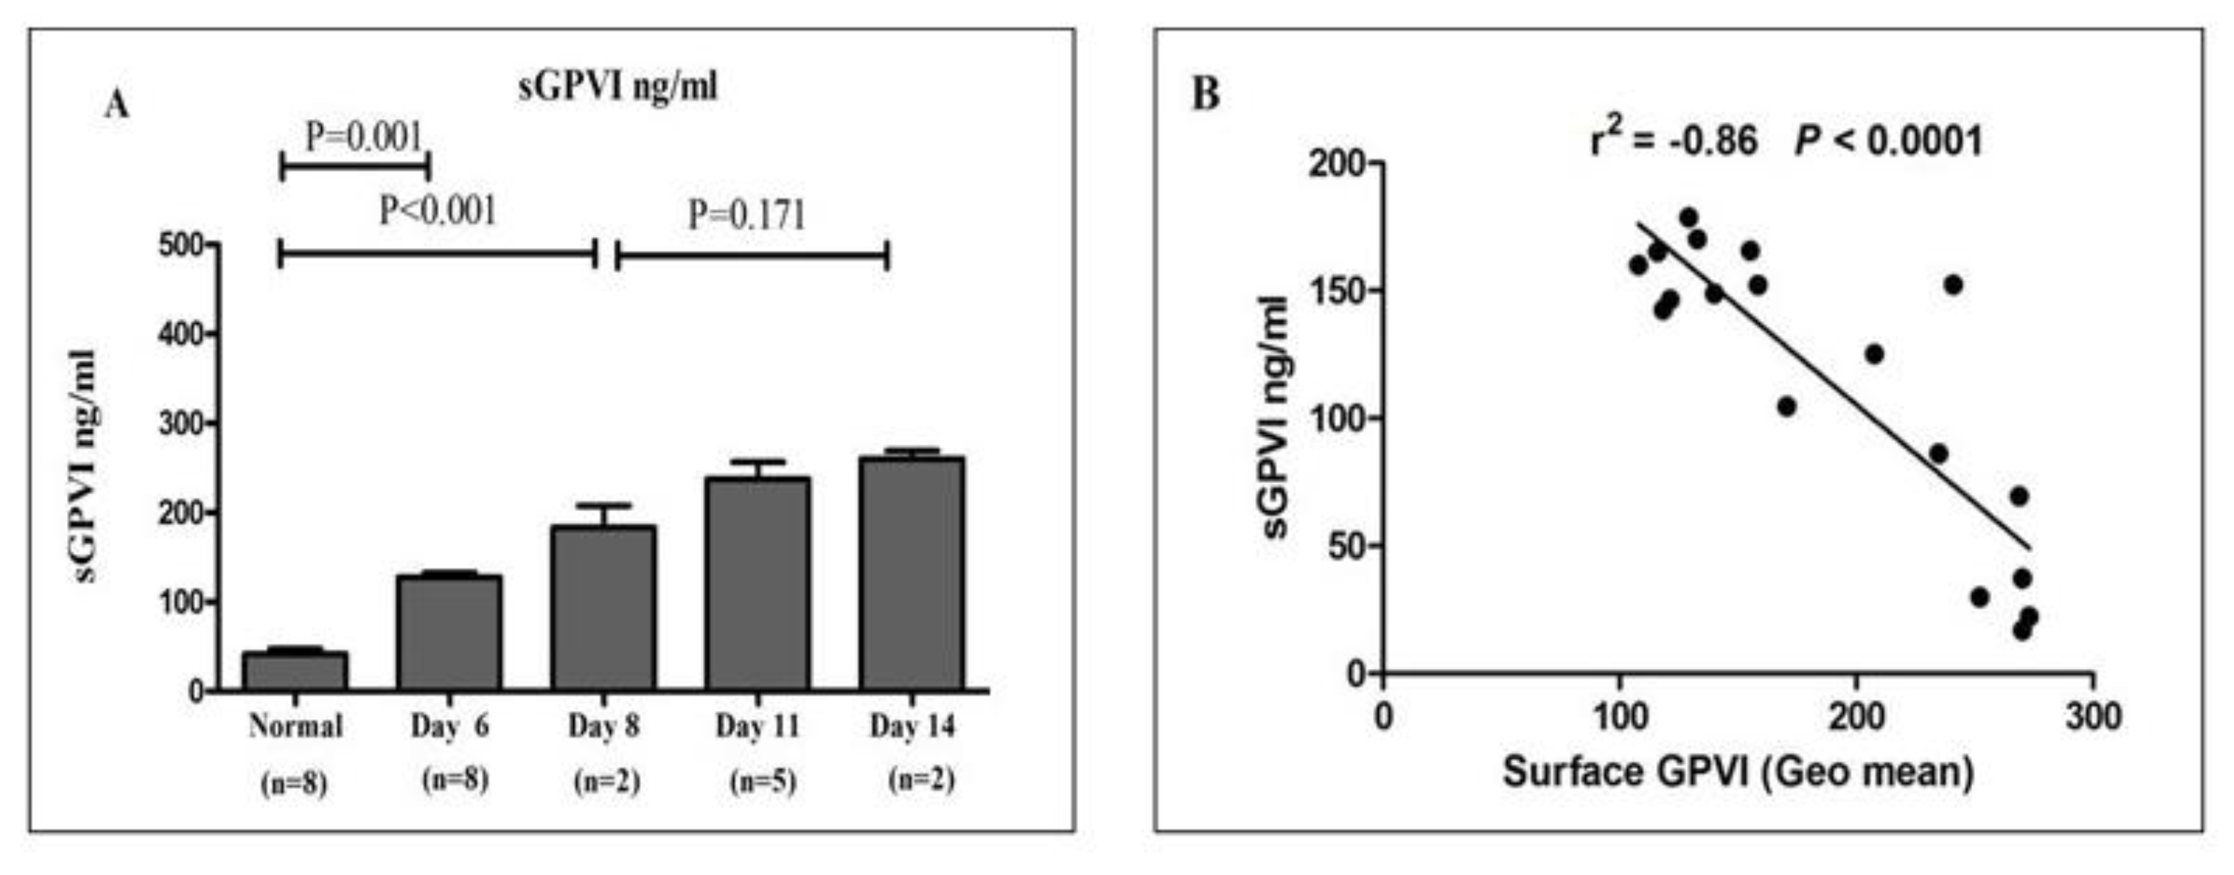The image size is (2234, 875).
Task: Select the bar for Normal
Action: pos(295,671)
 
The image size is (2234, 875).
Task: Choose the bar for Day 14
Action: pos(911,573)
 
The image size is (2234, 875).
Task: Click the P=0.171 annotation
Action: pos(747,215)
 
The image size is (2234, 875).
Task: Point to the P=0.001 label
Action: pos(363,137)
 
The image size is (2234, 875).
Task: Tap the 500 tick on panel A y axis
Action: pos(181,245)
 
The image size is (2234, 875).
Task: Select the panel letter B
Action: pos(1206,94)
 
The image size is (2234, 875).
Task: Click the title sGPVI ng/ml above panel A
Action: pos(618,87)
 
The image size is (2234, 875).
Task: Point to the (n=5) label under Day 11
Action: pos(762,782)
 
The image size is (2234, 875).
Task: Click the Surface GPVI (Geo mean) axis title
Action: pos(1738,772)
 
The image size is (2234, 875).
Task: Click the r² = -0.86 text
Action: pos(1674,141)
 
